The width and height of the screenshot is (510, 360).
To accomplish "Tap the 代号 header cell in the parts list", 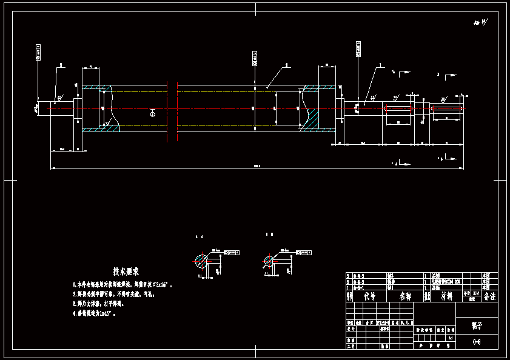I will coord(369,296).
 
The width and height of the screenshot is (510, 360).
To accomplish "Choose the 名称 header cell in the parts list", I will coord(405,296).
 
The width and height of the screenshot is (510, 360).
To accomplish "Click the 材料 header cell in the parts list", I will coord(446,296).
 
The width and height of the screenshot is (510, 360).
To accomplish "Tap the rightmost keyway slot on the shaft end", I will coord(447,108).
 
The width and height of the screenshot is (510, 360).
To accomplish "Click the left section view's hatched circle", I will coord(201,261).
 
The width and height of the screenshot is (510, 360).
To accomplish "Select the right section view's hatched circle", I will coord(268,261).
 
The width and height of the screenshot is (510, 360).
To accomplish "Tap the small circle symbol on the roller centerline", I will coord(152,113).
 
